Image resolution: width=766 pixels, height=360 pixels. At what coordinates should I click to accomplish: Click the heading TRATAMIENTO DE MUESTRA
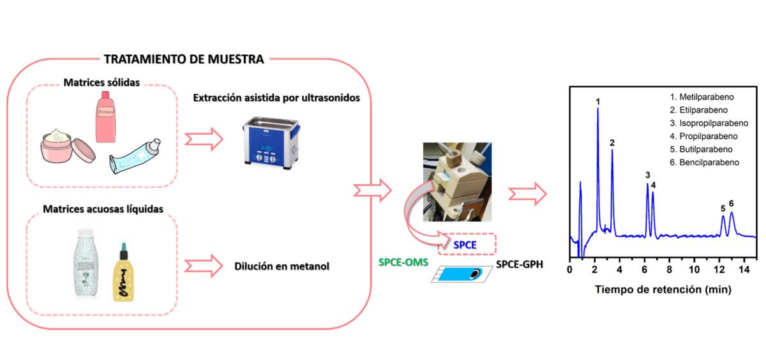click(x=183, y=59)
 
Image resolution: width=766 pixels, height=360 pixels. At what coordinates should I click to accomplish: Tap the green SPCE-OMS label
click(x=404, y=262)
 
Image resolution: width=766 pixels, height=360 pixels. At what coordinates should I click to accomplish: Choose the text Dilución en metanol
click(x=282, y=266)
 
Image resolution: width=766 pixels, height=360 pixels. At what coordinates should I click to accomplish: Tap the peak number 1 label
click(x=597, y=101)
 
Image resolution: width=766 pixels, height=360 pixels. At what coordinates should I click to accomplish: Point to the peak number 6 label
click(x=731, y=204)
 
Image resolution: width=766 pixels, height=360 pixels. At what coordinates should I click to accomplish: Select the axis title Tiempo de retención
click(x=663, y=289)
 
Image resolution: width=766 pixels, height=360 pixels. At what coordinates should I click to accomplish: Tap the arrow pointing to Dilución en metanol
click(x=203, y=265)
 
